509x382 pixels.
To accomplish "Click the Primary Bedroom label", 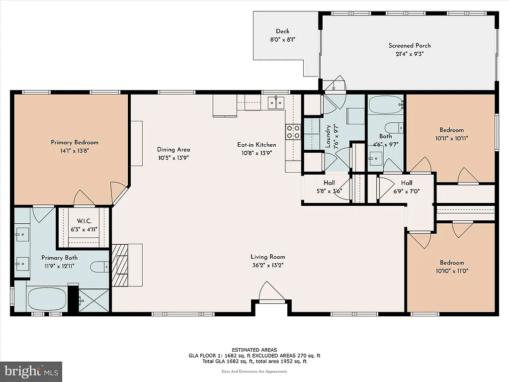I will click(74, 143).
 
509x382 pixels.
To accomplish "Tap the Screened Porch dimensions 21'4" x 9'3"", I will click(409, 54).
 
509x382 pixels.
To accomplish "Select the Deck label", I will click(282, 31).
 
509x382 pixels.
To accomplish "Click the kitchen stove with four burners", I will click(293, 131).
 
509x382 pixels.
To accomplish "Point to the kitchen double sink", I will click(275, 103).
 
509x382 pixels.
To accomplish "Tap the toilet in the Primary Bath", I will click(100, 267).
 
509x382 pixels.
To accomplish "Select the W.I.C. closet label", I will click(84, 221).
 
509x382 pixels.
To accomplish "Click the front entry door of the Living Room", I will click(271, 293).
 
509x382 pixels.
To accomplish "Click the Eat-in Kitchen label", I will click(256, 145).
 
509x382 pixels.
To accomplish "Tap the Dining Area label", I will click(173, 150).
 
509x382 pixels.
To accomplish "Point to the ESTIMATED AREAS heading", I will click(254, 350).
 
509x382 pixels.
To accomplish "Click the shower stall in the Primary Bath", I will click(93, 300).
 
